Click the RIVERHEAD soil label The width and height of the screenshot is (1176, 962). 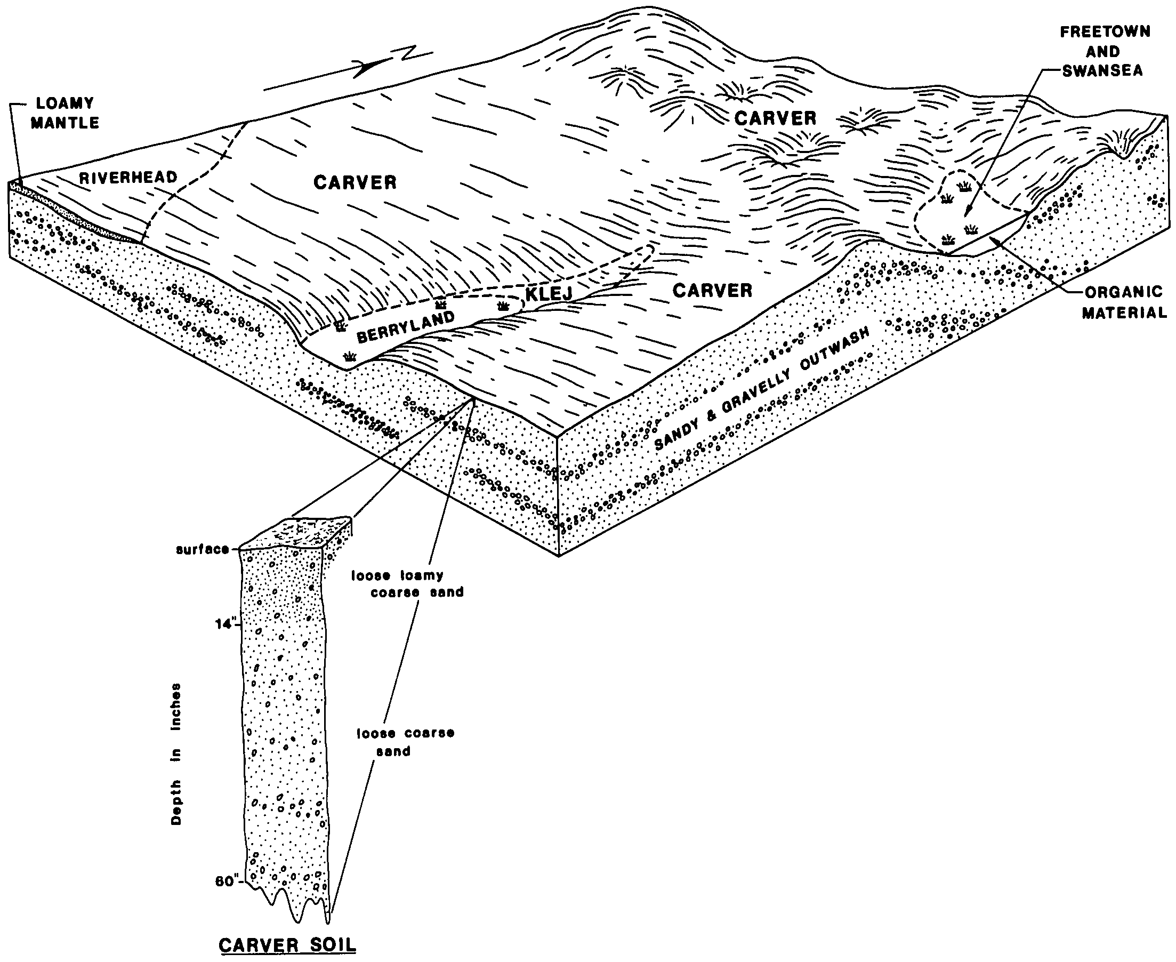128,178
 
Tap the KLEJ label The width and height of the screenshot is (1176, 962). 549,293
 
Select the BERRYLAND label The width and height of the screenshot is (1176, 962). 405,327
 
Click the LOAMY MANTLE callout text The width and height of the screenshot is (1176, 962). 65,113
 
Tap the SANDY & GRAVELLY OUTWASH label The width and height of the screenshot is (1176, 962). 762,387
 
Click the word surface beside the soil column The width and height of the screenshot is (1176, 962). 202,549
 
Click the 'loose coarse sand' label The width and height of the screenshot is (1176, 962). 405,742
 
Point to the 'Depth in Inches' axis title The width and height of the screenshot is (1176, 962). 176,754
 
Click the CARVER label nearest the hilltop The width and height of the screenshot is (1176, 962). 775,118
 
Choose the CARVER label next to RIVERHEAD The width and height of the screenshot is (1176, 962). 355,182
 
